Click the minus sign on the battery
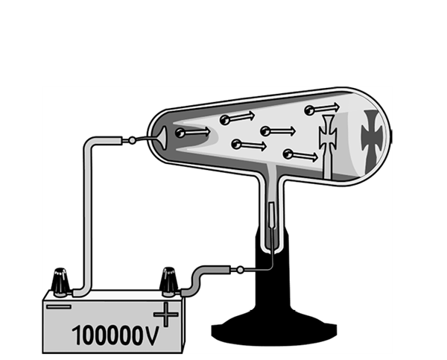pos(59,307)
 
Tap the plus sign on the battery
pos(166,315)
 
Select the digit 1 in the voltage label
pos(77,335)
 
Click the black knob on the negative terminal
pos(60,282)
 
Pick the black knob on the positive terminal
pos(169,282)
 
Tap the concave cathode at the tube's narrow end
pos(162,138)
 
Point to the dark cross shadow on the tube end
pos(372,139)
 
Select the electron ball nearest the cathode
pos(180,133)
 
